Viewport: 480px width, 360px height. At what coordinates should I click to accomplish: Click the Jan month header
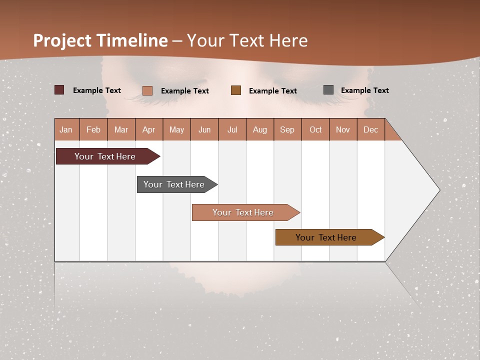[66, 129]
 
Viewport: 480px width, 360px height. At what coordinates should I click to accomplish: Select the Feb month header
[93, 129]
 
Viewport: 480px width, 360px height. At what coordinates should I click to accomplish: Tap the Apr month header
[148, 129]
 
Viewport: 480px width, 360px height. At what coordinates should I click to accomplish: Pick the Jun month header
[204, 129]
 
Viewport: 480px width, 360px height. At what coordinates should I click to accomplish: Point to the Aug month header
[259, 129]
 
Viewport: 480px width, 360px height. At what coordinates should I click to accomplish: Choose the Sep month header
[287, 129]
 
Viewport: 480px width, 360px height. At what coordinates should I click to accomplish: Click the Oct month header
[315, 129]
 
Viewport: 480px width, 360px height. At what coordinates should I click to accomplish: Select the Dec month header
[370, 129]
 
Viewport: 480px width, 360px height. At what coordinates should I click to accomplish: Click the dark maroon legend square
[59, 90]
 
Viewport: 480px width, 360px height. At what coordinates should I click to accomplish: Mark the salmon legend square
[147, 90]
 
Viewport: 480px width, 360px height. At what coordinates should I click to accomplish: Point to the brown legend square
[236, 90]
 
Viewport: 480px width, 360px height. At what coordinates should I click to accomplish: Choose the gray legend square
[328, 90]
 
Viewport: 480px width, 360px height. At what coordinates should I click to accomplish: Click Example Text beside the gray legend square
[364, 90]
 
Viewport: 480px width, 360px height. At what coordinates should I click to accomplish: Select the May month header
[176, 129]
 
